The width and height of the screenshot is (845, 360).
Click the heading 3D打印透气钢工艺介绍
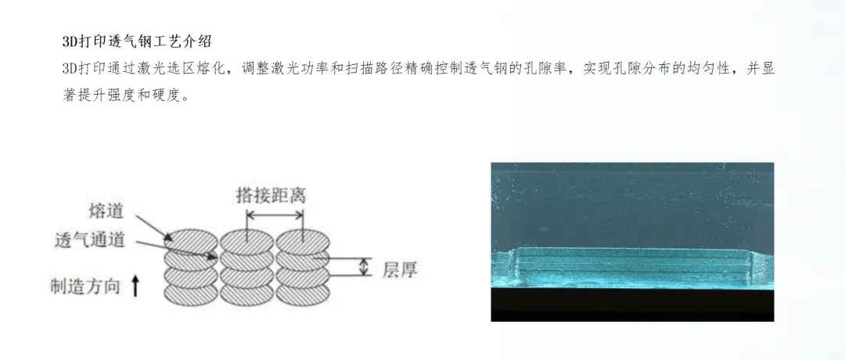pos(137,41)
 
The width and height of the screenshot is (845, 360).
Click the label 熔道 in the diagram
pos(106,211)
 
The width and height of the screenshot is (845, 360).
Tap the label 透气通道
pos(90,239)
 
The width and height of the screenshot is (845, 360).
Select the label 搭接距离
pos(271,195)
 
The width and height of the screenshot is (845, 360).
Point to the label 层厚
pos(400,269)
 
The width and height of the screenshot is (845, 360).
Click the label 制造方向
pos(85,286)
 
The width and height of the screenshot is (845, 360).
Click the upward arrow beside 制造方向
pos(136,286)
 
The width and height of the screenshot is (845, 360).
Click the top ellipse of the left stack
pos(192,240)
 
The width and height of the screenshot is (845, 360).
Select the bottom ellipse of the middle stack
pos(247,294)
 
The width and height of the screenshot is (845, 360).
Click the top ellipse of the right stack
pos(303,240)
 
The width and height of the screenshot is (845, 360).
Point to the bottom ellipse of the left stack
pos(192,294)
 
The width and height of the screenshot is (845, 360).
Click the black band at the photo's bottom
pos(632,304)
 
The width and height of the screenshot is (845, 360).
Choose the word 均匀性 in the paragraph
pos(709,69)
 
